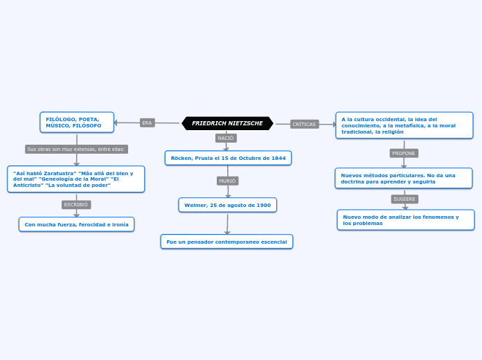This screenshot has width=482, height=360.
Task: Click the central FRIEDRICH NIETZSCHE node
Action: (227, 123)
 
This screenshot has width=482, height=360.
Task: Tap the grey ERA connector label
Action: (147, 123)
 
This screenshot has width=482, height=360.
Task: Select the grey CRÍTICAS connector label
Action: (304, 124)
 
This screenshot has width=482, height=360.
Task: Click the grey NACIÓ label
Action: (226, 138)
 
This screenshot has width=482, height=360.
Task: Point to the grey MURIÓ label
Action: (227, 181)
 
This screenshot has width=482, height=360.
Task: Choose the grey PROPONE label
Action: (404, 153)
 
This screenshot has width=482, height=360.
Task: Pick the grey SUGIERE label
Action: (404, 199)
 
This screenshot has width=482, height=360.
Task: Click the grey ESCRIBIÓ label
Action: (76, 205)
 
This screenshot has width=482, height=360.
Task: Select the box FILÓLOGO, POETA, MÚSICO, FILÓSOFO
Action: (76, 123)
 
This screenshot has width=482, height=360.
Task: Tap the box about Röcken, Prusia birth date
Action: (228, 158)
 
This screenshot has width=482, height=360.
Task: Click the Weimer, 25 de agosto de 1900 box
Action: (227, 205)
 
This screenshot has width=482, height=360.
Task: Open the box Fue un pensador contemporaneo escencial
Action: (226, 241)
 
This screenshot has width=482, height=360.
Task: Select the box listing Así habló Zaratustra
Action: (75, 179)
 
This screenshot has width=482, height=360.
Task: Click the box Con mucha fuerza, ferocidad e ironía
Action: (76, 224)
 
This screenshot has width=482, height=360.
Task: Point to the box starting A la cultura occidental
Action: (404, 125)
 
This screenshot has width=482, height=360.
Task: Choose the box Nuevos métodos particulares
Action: (403, 178)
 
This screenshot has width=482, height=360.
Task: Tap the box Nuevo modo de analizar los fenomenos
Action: (405, 219)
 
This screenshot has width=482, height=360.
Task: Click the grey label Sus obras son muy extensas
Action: (76, 149)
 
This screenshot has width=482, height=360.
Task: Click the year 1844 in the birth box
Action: (278, 158)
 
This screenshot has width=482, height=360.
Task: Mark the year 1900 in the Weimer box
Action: (263, 205)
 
